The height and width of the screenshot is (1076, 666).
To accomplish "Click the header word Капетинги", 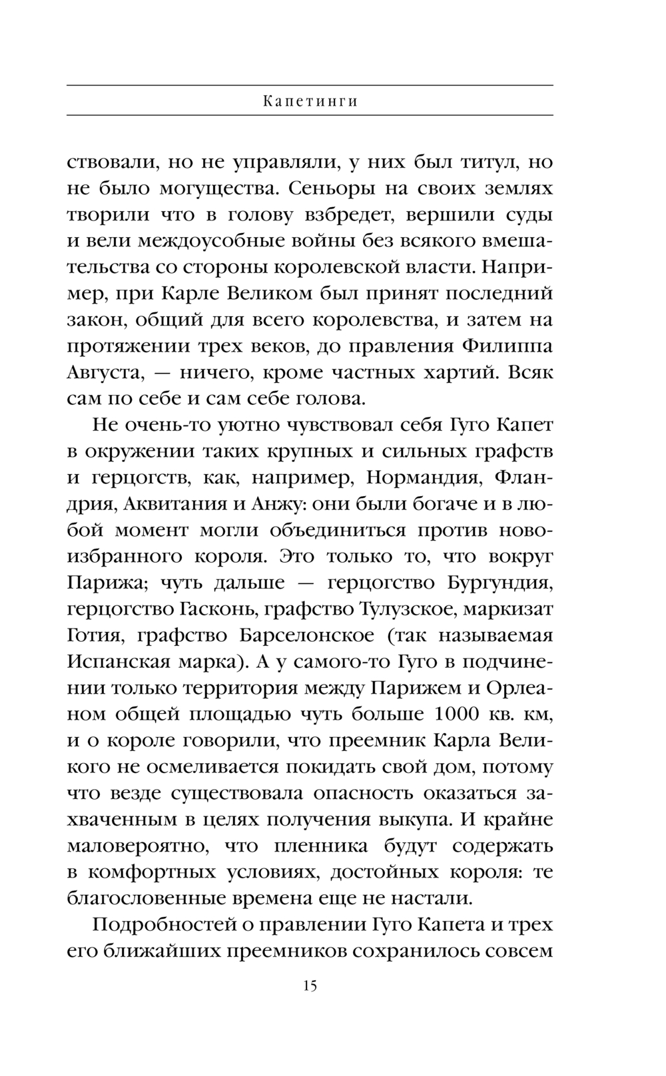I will [x=310, y=102].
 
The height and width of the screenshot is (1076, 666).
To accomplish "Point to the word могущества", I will [x=217, y=188].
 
